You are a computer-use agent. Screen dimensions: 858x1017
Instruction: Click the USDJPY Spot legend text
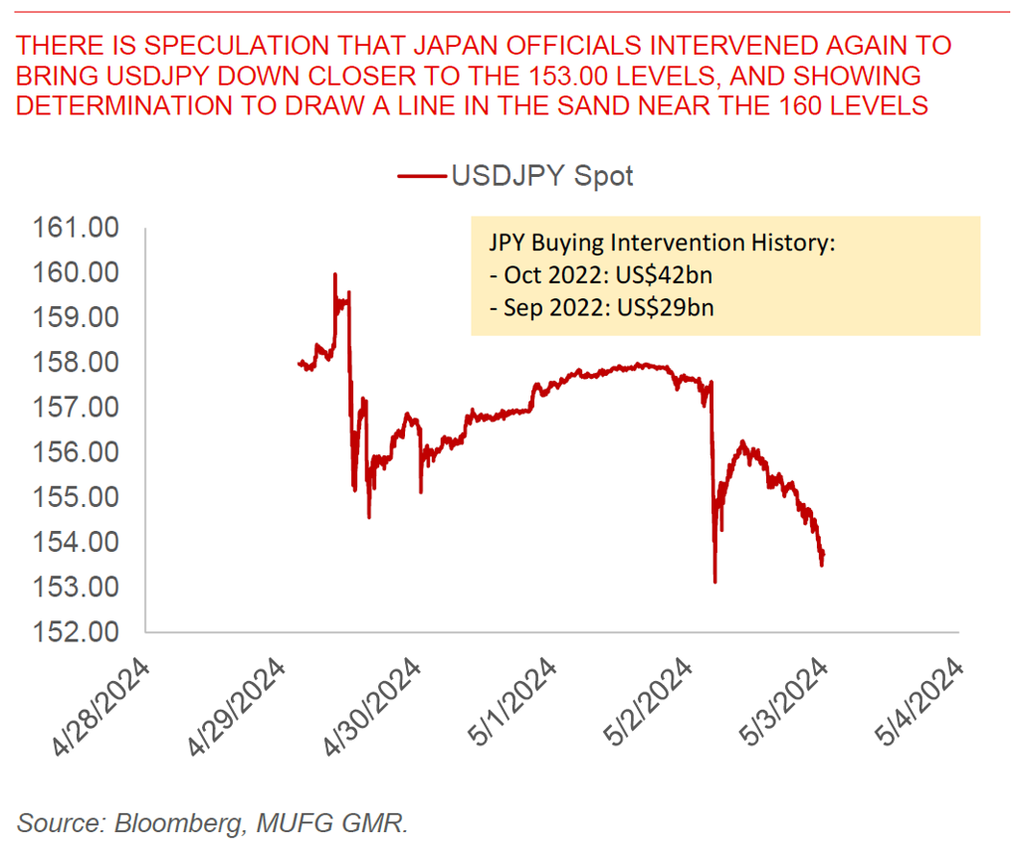point(542,177)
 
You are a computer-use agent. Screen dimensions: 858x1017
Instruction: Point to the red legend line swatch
point(422,177)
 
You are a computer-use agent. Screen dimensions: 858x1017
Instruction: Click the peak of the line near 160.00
point(334,273)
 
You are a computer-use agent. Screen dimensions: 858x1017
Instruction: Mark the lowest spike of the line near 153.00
point(714,582)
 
